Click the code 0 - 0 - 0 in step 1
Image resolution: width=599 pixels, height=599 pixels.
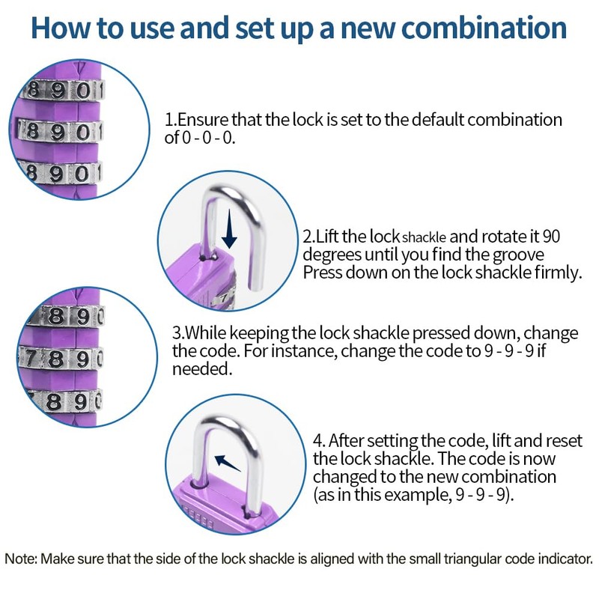pyautogui.click(x=210, y=138)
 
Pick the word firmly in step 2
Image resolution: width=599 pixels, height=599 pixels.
pyautogui.click(x=557, y=273)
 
